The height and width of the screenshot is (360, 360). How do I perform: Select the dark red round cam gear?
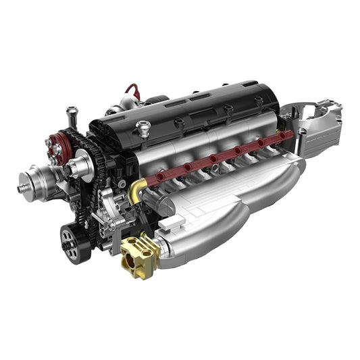tap(61, 145)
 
